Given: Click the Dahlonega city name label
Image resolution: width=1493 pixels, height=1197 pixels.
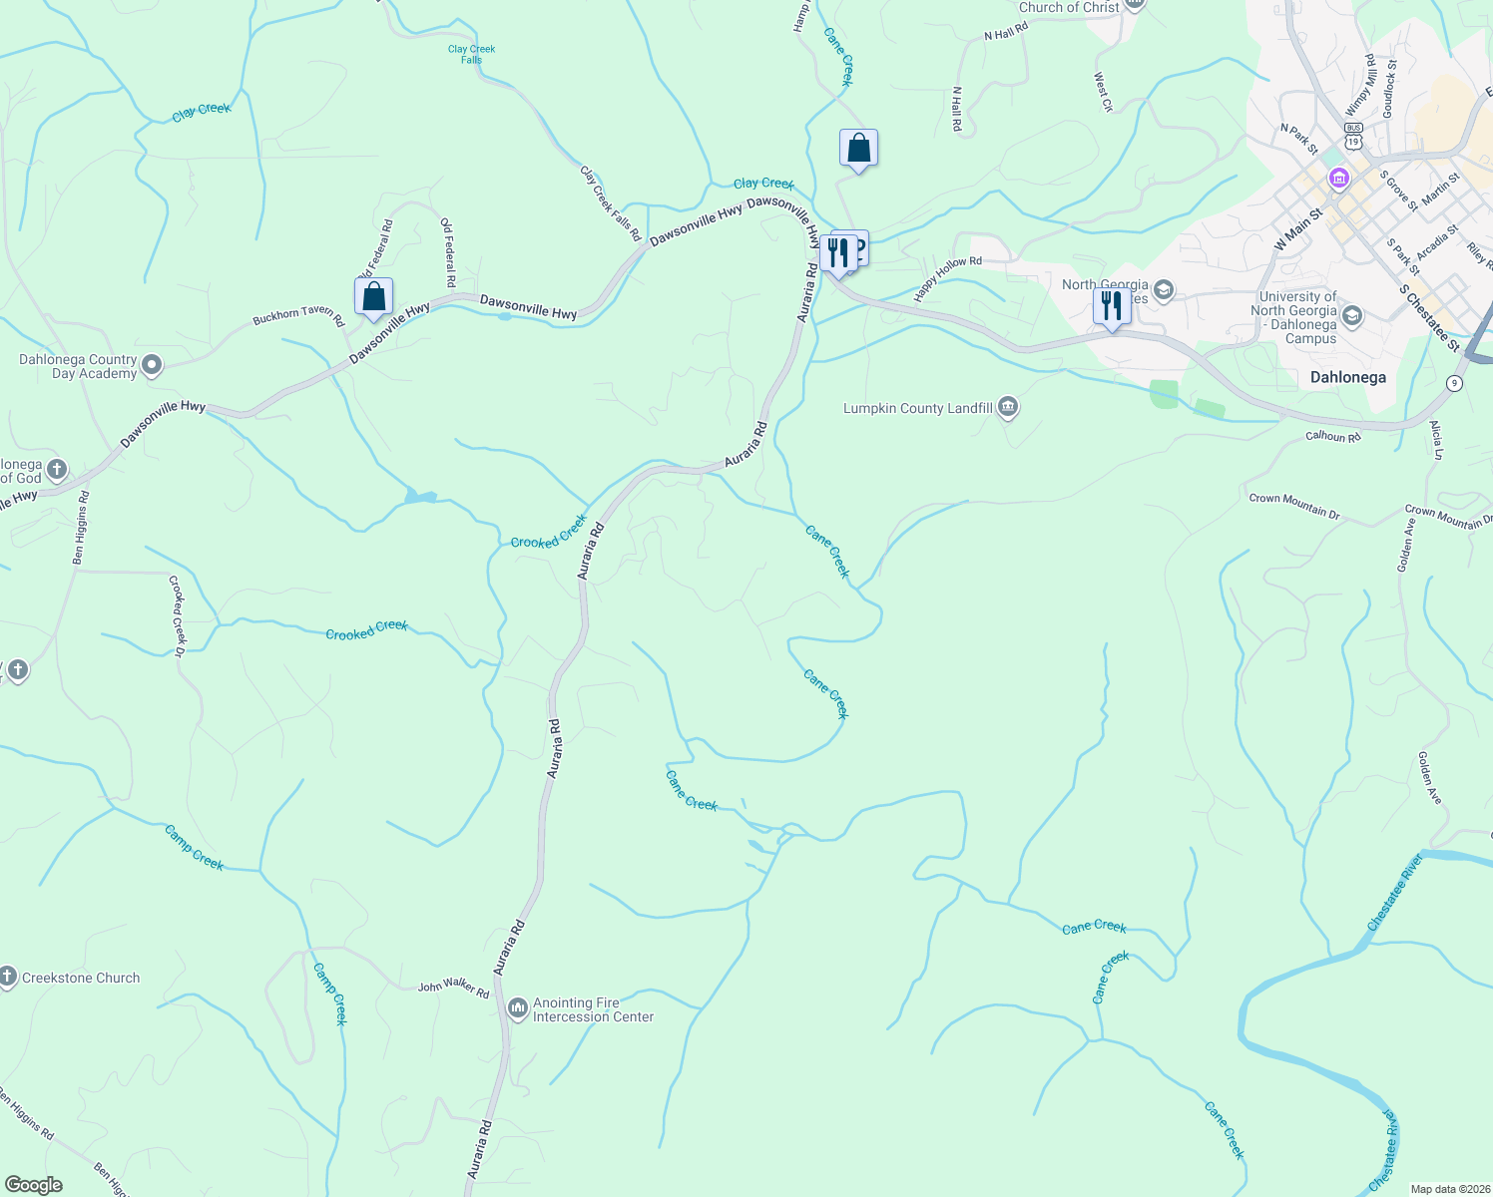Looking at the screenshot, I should pos(1347,378).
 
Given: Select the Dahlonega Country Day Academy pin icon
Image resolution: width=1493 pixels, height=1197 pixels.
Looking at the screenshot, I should pos(152,366).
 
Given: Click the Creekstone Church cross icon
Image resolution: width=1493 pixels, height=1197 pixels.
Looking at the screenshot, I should pos(8,978).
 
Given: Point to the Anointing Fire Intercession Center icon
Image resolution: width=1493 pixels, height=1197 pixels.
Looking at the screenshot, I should pos(517,1009).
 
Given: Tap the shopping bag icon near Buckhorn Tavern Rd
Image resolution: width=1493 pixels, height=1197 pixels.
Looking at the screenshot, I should pos(373,296).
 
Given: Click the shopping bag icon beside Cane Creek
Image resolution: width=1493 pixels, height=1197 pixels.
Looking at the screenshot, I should pos(858,149).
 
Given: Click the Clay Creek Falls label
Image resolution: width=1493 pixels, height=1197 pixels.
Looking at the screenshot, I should pos(471,54).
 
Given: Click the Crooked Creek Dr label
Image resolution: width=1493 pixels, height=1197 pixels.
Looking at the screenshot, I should pos(178,615).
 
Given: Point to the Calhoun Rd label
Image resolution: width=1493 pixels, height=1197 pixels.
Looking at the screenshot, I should pos(1332,437).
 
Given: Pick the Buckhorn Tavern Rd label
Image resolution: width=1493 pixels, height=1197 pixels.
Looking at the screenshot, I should pos(297,316).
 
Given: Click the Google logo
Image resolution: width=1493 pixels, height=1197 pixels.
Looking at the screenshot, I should pos(33,1184).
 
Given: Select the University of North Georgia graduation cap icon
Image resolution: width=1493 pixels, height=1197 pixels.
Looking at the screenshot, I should pos(1352,316).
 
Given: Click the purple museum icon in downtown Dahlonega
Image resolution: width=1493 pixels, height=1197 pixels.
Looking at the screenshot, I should pos(1338,180).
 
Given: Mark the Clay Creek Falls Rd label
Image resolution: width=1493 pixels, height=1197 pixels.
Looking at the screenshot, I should pos(610,202).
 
